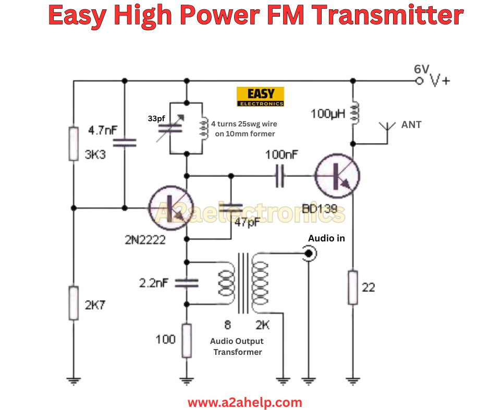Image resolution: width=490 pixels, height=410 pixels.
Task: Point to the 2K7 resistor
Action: coord(73,303)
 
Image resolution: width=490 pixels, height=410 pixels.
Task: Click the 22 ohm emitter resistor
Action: coord(353,287)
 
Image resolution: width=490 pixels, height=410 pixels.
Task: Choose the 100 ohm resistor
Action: coord(187,340)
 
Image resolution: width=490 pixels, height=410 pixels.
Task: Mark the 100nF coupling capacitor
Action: coord(280,177)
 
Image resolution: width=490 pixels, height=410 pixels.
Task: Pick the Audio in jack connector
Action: coord(310,253)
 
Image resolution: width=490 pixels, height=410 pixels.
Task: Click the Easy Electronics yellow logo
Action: coord(260,97)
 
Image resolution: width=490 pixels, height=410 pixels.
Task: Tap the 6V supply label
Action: coord(422,69)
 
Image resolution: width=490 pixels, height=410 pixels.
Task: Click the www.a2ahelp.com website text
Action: coord(244,402)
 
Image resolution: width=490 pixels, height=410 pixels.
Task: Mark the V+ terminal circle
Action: coord(418,81)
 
